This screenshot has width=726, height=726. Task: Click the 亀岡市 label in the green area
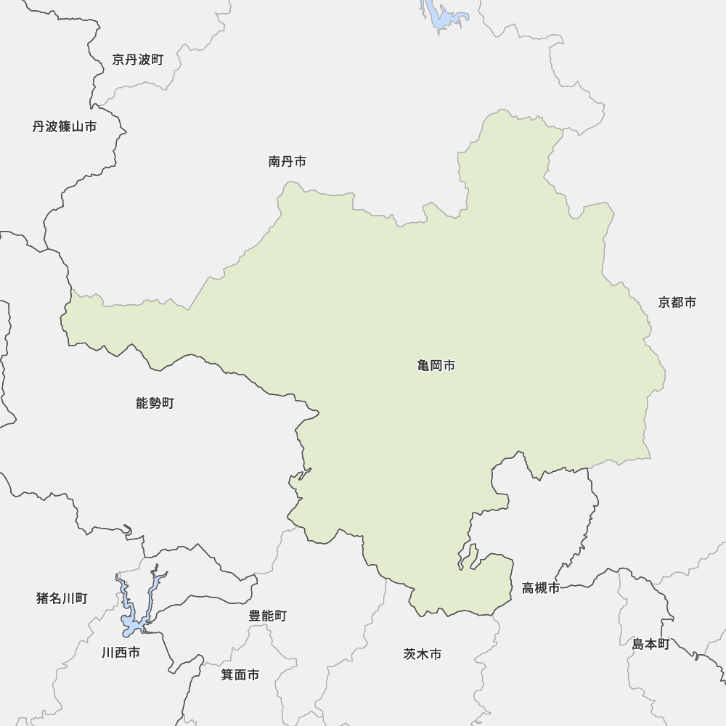[x=436, y=366]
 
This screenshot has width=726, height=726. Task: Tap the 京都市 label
[x=677, y=303]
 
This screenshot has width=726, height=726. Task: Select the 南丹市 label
[x=287, y=162]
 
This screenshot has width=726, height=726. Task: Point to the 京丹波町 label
[x=138, y=60]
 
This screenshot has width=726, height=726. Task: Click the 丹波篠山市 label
[x=64, y=127]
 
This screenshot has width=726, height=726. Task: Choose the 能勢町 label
[x=155, y=403]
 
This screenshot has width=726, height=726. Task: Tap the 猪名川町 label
[x=62, y=598]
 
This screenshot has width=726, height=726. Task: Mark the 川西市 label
[x=121, y=653]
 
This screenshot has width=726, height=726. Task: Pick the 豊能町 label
[x=267, y=616]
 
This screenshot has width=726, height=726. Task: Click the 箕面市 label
[x=240, y=675]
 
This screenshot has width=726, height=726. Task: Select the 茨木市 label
[x=422, y=654]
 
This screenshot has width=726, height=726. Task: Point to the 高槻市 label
[x=540, y=588]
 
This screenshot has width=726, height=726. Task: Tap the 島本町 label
[x=650, y=644]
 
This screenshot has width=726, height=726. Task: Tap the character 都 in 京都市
[x=677, y=303]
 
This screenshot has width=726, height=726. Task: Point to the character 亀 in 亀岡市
[x=424, y=366]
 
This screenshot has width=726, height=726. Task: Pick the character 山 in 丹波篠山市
[x=77, y=127]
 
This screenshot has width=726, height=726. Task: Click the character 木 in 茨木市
[x=422, y=654]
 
